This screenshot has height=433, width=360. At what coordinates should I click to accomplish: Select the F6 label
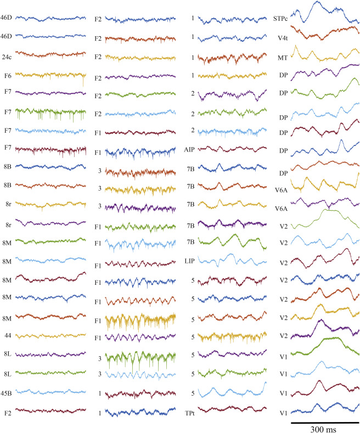pyautogui.click(x=6, y=74)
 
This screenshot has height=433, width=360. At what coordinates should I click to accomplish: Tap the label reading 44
pyautogui.click(x=5, y=335)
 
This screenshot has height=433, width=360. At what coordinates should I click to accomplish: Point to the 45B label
pyautogui.click(x=8, y=392)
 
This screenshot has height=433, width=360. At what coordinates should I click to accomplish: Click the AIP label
pyautogui.click(x=190, y=149)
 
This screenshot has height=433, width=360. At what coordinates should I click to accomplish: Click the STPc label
pyautogui.click(x=280, y=18)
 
